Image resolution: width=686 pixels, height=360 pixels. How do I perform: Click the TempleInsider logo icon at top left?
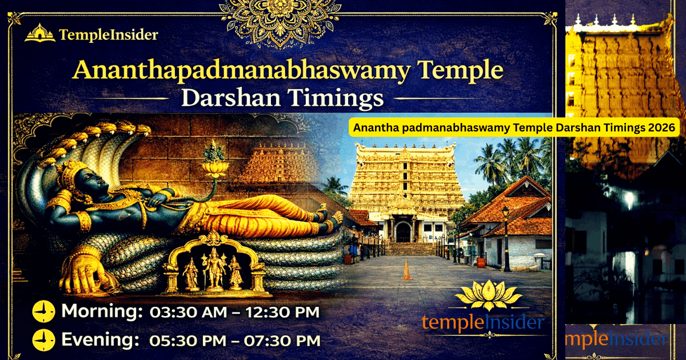click(39, 33)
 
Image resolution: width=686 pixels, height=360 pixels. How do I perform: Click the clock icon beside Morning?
click(43, 311)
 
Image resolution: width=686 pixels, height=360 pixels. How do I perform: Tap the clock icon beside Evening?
click(43, 340)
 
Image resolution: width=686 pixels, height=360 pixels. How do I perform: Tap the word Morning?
click(101, 311)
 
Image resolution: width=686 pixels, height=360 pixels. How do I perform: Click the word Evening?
click(100, 340)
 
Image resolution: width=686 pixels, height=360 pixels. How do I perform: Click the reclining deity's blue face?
click(80, 186)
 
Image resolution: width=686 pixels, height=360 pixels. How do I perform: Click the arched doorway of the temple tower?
click(404, 231)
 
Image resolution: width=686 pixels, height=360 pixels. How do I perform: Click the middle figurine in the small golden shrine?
click(215, 269)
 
